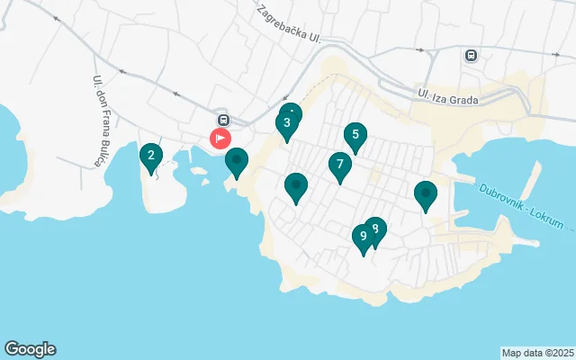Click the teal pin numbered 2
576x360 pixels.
pyautogui.click(x=151, y=157)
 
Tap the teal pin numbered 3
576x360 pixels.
pyautogui.click(x=287, y=124)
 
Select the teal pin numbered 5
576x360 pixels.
pyautogui.click(x=355, y=136)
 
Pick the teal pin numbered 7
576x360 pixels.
pyautogui.click(x=339, y=165)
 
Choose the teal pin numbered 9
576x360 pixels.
pyautogui.click(x=363, y=237)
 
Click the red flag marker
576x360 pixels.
pyautogui.click(x=220, y=139)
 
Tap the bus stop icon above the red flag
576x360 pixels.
pyautogui.click(x=222, y=120)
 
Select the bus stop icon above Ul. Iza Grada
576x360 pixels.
pyautogui.click(x=471, y=55)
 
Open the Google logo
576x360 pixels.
pyautogui.click(x=30, y=349)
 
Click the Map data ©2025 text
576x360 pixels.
pyautogui.click(x=537, y=353)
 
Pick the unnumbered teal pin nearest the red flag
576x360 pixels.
pyautogui.click(x=237, y=161)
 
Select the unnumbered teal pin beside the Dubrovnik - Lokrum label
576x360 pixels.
pyautogui.click(x=426, y=193)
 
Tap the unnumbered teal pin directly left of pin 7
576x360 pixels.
pyautogui.click(x=295, y=186)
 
